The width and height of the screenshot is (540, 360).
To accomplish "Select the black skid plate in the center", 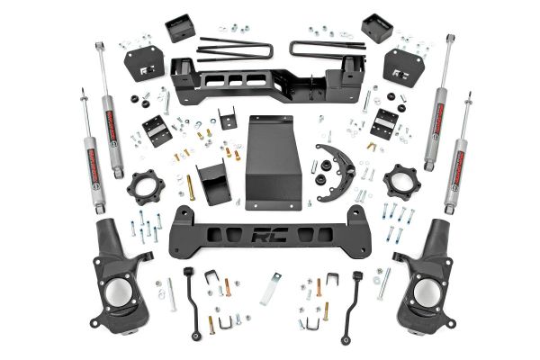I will click(272, 162).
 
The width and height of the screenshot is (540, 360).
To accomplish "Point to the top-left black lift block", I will click(180, 27).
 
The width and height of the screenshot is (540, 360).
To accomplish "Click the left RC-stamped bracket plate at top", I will click(144, 63).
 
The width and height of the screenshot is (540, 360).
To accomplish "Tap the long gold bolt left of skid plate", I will click(190, 187).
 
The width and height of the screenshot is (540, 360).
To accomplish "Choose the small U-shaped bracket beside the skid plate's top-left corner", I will click(227, 119).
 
